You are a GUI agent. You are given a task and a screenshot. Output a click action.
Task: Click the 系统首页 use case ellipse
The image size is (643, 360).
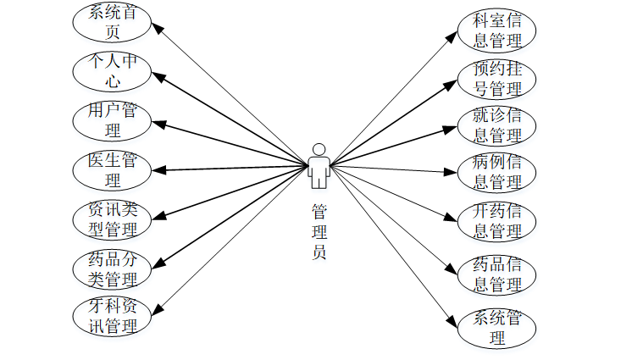click(x=113, y=22)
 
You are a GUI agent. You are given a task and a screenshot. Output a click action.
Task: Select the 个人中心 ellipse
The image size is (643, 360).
click(x=113, y=71)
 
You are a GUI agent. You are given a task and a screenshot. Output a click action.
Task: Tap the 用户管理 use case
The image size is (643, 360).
click(x=113, y=120)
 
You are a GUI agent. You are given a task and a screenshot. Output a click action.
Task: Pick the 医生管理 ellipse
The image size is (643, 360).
click(x=113, y=169)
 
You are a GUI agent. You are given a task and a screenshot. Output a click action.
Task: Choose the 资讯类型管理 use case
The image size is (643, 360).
click(x=113, y=219)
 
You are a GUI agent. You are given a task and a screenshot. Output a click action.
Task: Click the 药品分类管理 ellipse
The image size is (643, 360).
click(x=113, y=268)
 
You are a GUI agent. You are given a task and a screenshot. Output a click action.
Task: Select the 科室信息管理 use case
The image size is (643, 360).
click(x=497, y=30)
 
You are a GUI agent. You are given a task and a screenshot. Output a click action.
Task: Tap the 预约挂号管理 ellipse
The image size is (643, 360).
click(x=497, y=78)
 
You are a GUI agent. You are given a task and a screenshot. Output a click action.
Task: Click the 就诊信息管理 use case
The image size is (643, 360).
click(x=497, y=125)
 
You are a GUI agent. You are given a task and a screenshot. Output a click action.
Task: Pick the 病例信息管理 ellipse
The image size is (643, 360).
click(x=497, y=173)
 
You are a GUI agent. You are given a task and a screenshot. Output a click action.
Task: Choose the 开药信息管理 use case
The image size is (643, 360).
click(x=497, y=220)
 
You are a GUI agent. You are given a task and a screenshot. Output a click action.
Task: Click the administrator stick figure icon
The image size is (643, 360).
click(x=319, y=166)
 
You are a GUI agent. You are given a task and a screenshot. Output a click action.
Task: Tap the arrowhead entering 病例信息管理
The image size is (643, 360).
click(x=452, y=173)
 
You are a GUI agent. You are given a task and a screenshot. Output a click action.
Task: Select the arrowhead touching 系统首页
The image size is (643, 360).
click(x=158, y=26)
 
